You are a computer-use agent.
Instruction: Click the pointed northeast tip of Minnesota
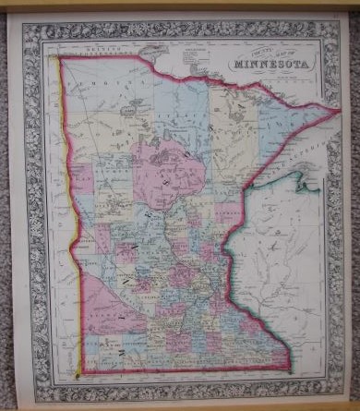[x=339, y=110]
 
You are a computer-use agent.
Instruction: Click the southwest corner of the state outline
[x=79, y=373]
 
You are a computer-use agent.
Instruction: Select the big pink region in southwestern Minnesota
[x=115, y=309]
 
